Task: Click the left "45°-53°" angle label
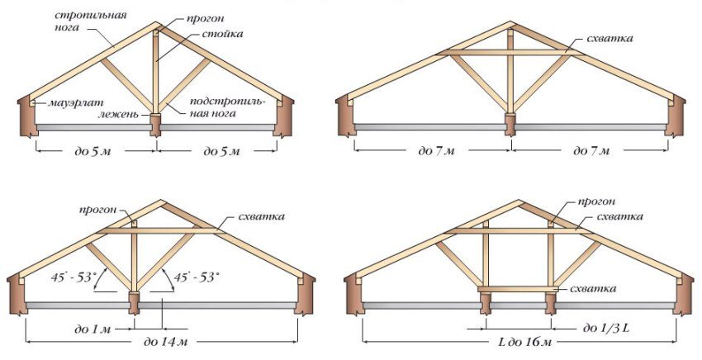(x=73, y=277)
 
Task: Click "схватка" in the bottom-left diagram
(x=261, y=216)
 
